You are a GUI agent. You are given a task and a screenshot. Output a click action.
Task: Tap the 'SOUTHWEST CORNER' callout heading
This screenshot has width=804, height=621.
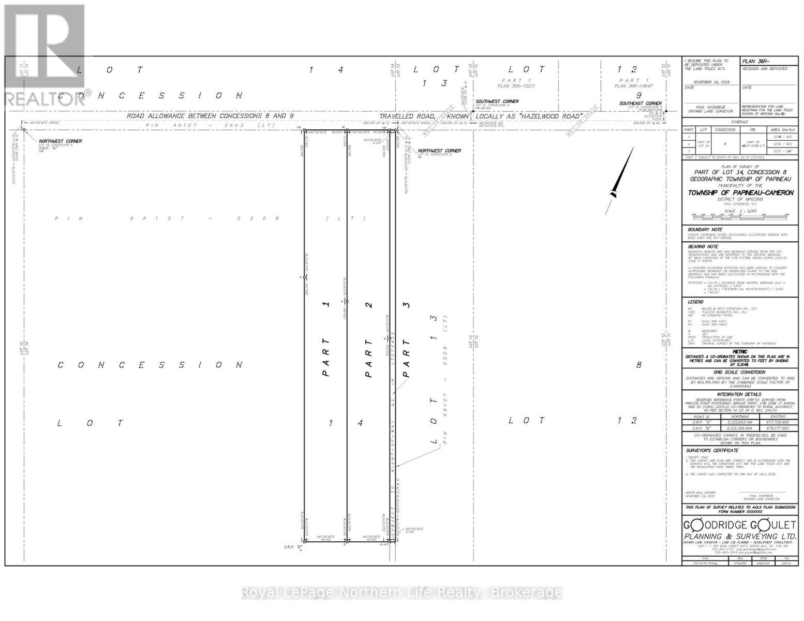tap(497, 101)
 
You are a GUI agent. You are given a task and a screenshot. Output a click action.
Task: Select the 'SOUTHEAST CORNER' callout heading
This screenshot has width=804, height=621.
tap(641, 103)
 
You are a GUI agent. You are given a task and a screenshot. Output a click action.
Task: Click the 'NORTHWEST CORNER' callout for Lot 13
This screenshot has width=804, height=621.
tap(439, 151)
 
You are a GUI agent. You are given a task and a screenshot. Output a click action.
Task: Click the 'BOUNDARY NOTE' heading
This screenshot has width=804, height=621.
tap(705, 229)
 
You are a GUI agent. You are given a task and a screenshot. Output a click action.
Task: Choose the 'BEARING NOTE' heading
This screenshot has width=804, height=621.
tap(703, 247)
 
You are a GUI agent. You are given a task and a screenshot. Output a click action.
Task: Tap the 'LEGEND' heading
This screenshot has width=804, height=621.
tap(695, 302)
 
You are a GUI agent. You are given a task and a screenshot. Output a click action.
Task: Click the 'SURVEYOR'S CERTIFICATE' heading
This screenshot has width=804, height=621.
tap(712, 451)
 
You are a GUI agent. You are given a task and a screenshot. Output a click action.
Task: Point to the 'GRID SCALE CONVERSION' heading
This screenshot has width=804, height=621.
tap(739, 372)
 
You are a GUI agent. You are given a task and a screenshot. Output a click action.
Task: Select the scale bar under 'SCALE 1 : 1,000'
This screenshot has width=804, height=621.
tap(739, 214)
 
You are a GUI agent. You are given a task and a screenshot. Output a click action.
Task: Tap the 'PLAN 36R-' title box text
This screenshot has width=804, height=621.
tap(756, 62)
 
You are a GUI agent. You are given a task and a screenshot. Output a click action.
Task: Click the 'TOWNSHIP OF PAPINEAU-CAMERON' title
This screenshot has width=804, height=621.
tap(740, 193)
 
